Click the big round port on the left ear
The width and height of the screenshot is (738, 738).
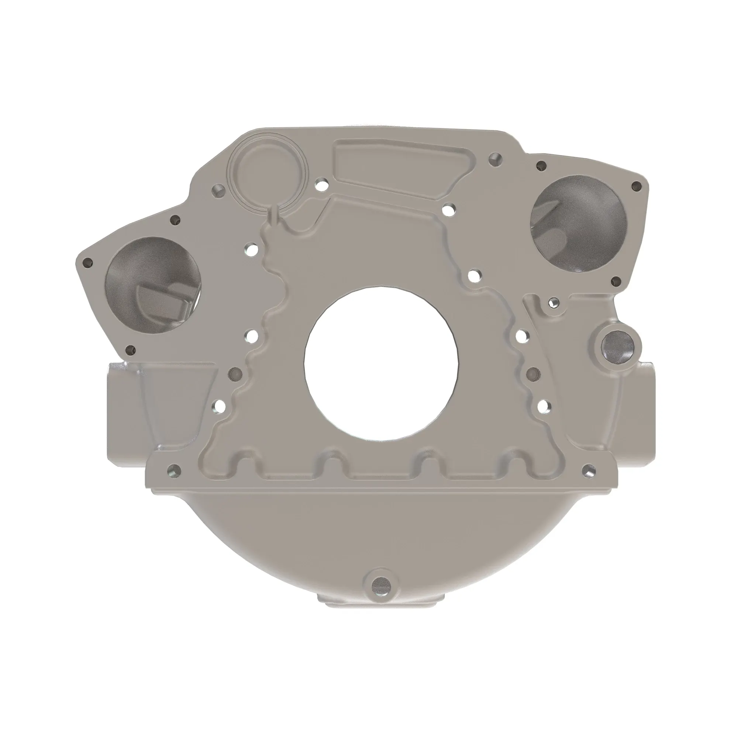tap(152, 284)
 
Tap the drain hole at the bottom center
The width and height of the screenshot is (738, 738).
tap(380, 593)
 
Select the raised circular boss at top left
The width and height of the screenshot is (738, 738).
tap(266, 171)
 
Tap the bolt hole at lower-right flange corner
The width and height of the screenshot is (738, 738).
tap(589, 469)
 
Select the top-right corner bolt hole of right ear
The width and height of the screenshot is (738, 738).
tap(636, 186)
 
